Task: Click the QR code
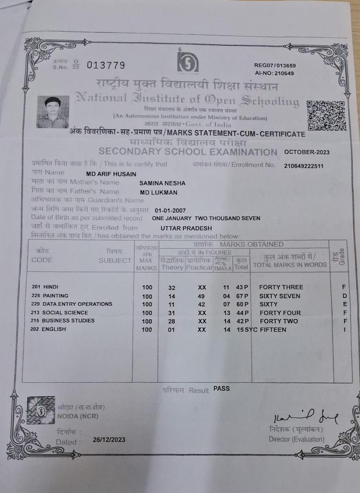pos(326,116)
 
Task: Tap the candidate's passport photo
pos(53,112)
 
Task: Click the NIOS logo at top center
pos(188,62)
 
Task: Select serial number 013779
pos(106,65)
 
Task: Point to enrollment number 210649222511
pos(304,166)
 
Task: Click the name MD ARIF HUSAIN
pos(111,174)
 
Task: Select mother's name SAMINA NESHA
pos(162,183)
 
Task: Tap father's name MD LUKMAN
pos(159,193)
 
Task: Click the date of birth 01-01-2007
pos(170,211)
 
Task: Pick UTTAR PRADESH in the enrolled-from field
pos(186,228)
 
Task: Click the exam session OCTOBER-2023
pos(307,152)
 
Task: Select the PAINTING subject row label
pos(55,296)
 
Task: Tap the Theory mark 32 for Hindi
pos(172,287)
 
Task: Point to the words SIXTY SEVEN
pos(280,296)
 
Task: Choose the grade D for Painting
pos(345,296)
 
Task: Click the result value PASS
pos(221,389)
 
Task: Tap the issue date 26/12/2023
pos(109,440)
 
